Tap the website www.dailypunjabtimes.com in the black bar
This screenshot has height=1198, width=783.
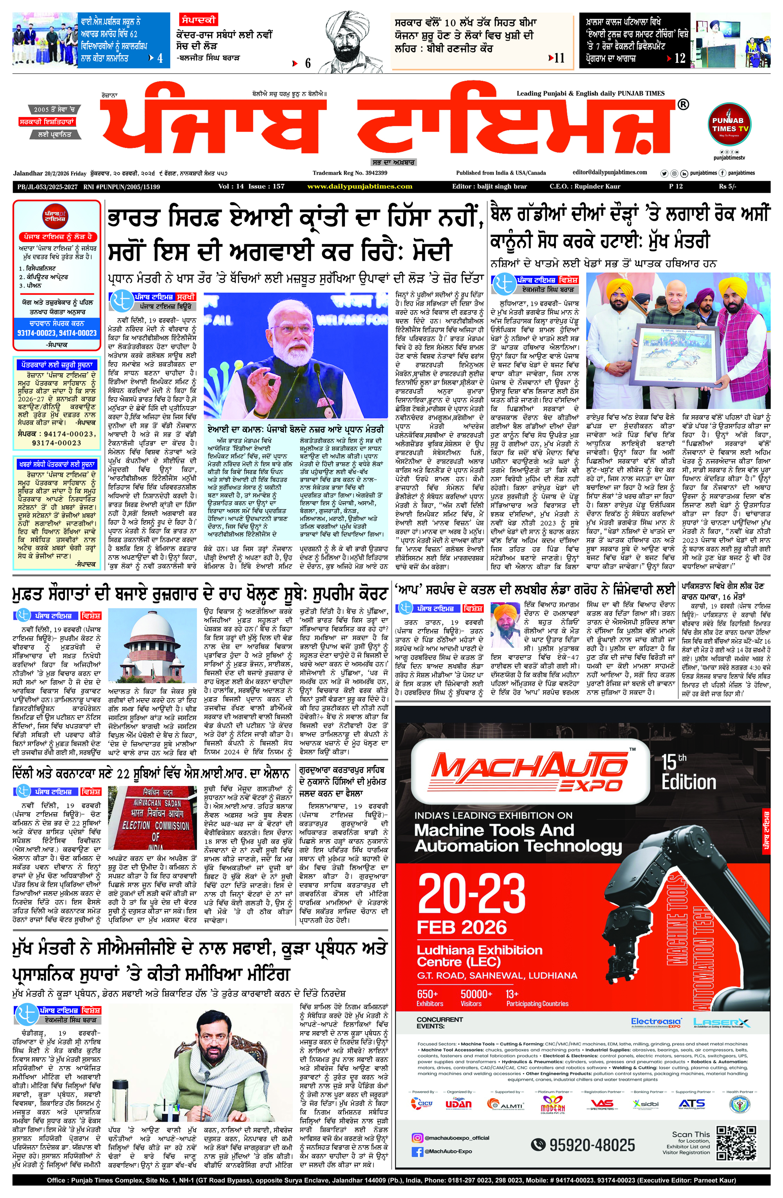click(360, 186)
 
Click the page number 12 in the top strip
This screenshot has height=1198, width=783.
click(680, 58)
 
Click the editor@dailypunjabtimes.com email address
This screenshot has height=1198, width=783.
click(610, 172)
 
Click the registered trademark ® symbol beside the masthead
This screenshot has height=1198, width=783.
click(683, 105)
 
